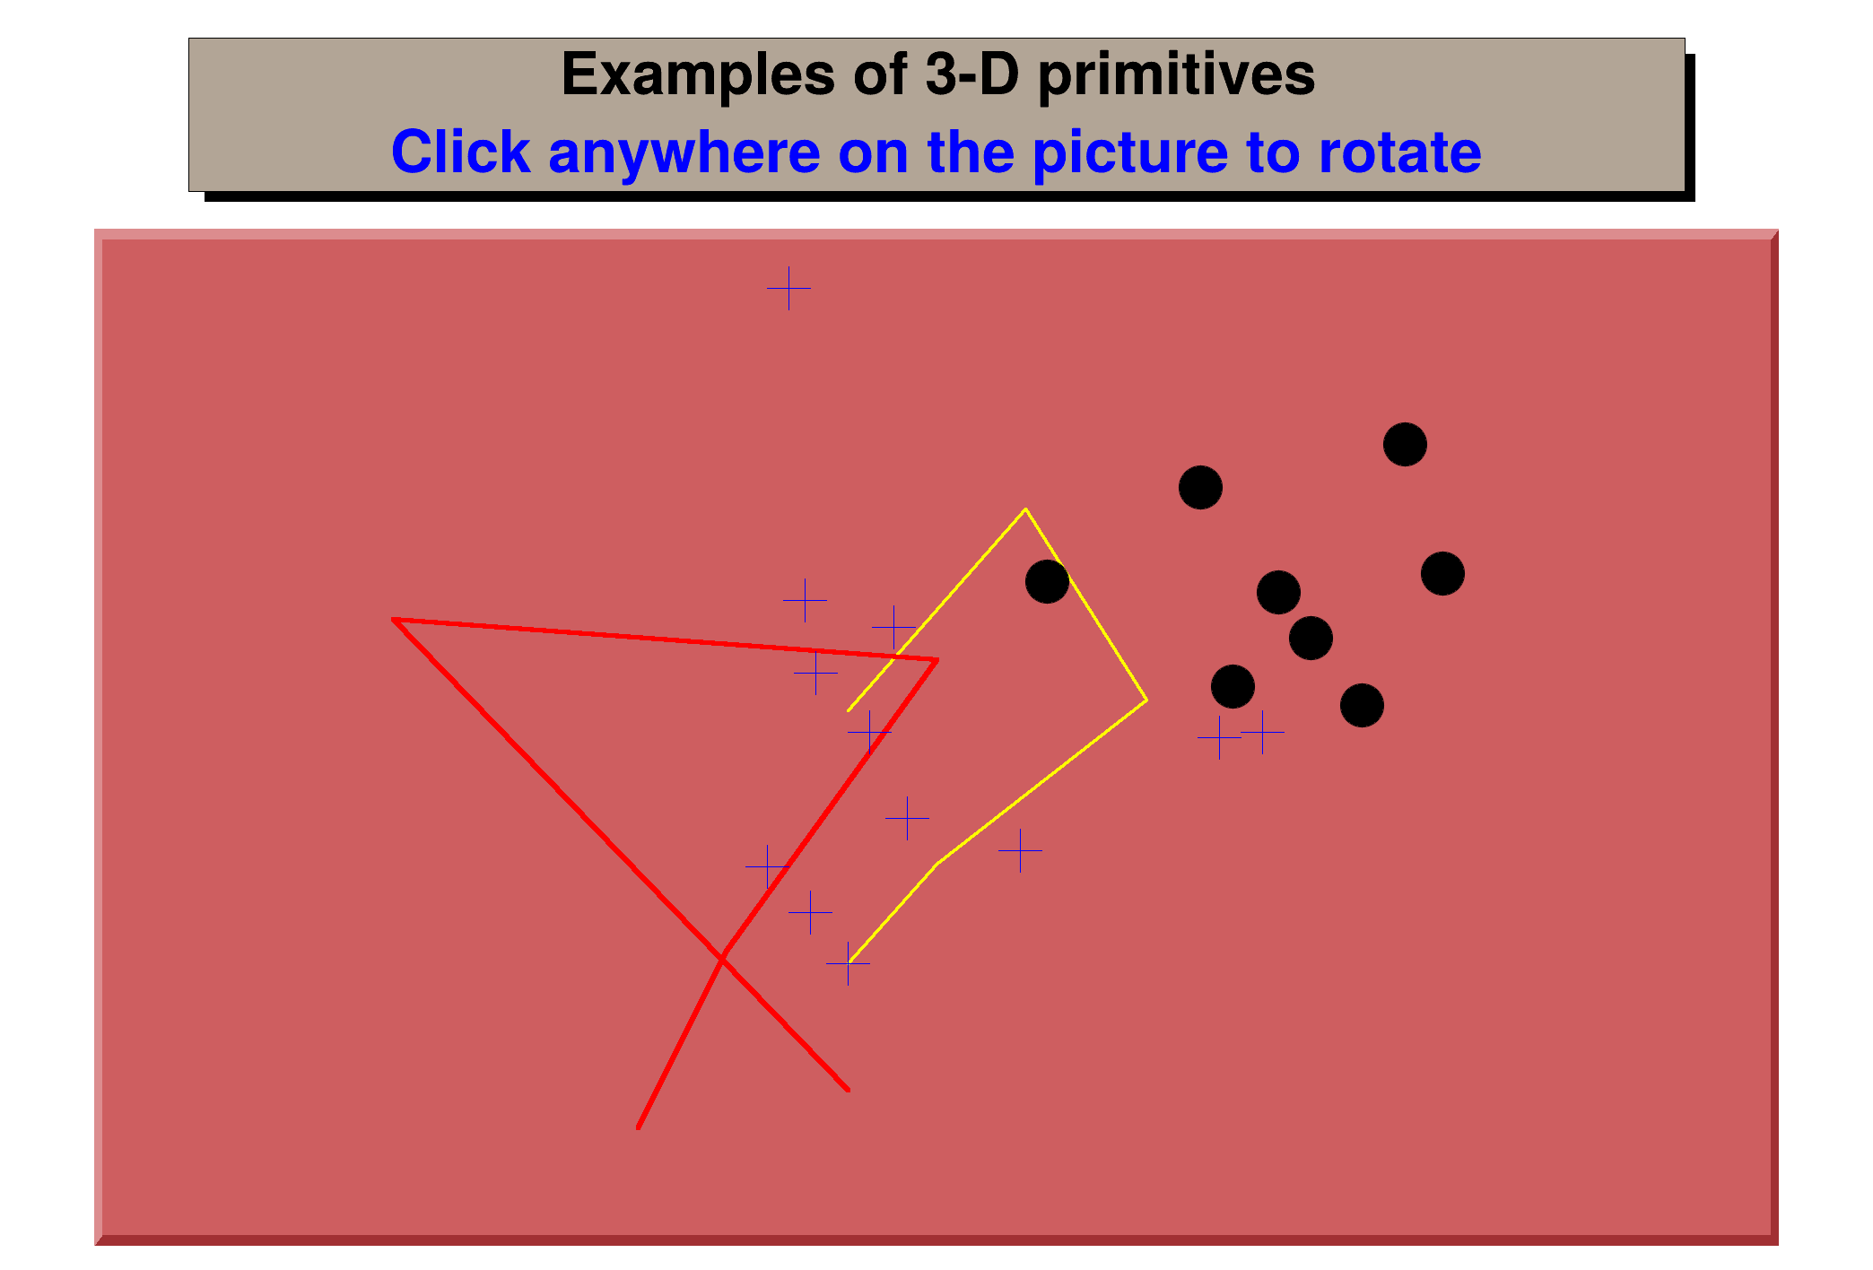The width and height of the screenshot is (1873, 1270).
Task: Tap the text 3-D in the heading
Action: (x=971, y=74)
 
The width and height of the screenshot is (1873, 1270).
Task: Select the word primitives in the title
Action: (x=1176, y=74)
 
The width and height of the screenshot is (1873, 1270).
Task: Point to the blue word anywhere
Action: (x=684, y=152)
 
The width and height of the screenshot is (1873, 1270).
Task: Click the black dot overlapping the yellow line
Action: (x=1047, y=581)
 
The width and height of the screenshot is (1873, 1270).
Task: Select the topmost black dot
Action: (x=1405, y=444)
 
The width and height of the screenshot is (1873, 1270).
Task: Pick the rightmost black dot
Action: (x=1442, y=573)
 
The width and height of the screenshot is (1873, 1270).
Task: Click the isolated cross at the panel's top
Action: (x=788, y=288)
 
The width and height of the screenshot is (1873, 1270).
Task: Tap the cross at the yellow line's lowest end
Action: (x=848, y=963)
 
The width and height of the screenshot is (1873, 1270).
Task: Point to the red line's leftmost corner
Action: (x=393, y=619)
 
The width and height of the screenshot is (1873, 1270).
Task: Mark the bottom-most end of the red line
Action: (x=638, y=1127)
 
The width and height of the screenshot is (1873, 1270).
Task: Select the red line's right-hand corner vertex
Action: (x=937, y=660)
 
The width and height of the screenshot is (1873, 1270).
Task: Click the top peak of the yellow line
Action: (x=1025, y=509)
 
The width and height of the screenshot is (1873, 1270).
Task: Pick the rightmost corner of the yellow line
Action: (x=1146, y=700)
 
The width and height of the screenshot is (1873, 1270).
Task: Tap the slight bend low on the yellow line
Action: (x=937, y=864)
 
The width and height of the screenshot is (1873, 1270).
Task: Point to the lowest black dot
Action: (x=1362, y=705)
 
